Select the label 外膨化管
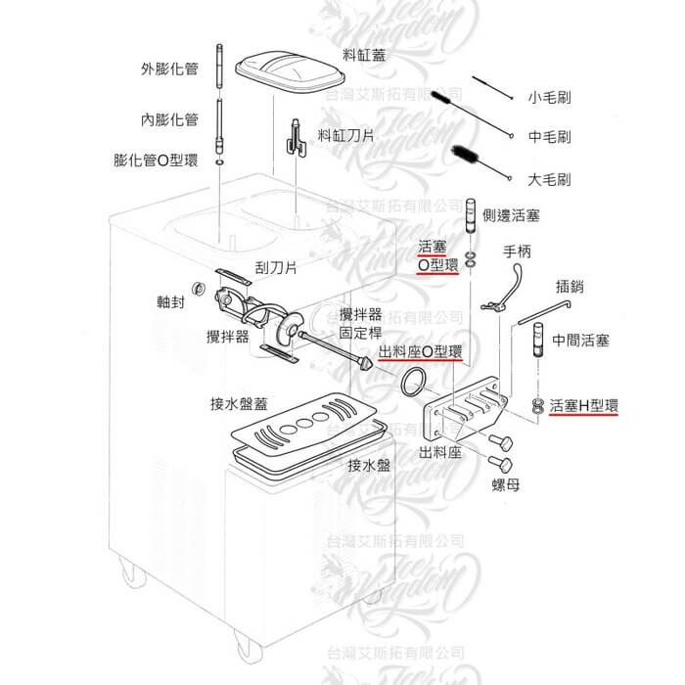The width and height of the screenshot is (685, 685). [170, 69]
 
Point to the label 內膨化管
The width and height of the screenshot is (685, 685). [170, 119]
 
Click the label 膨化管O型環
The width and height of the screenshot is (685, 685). [156, 160]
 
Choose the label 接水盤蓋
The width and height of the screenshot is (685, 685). [241, 403]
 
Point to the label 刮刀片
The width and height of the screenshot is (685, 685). [276, 266]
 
